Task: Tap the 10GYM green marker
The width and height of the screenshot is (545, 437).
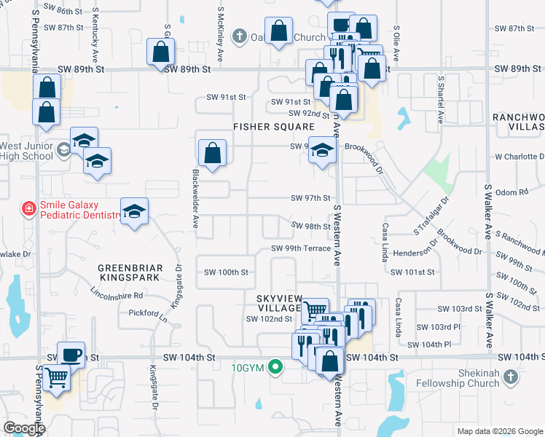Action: pyautogui.click(x=275, y=366)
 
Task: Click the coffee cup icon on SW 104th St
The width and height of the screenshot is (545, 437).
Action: pyautogui.click(x=71, y=355)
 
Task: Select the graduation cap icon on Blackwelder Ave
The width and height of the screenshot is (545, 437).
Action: pyautogui.click(x=134, y=211)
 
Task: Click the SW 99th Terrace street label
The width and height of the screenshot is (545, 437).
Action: pyautogui.click(x=302, y=248)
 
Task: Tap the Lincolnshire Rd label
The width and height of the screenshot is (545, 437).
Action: pyautogui.click(x=117, y=296)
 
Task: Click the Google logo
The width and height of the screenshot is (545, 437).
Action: pyautogui.click(x=24, y=428)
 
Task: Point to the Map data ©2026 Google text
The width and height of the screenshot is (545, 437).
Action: pyautogui.click(x=499, y=431)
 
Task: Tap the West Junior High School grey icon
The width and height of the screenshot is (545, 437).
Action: pyautogui.click(x=63, y=150)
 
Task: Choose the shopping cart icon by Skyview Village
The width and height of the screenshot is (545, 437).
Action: pyautogui.click(x=315, y=310)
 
